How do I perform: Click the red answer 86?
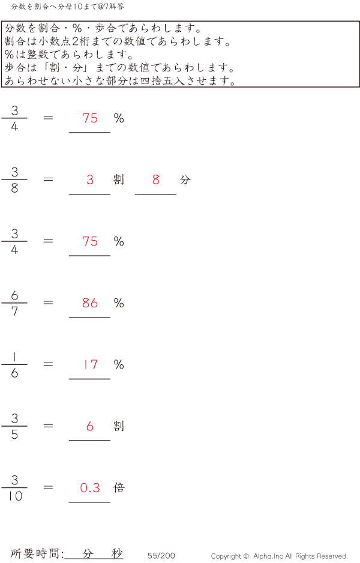(90, 303)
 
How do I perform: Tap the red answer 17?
(90, 364)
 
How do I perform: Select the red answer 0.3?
(90, 488)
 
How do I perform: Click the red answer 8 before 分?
(156, 179)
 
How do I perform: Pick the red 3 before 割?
(90, 179)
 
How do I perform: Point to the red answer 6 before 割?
(90, 426)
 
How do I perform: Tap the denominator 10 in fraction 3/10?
(14, 496)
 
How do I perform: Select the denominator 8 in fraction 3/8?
(14, 188)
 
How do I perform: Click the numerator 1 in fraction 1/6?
(14, 357)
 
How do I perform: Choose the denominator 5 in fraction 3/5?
(14, 435)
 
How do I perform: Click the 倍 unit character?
(119, 487)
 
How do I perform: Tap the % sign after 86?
(119, 303)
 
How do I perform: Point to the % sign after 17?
(119, 364)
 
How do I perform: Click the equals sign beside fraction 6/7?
(49, 303)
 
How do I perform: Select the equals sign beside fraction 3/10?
(49, 487)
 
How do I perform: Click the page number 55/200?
(161, 556)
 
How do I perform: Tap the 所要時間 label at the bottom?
(37, 554)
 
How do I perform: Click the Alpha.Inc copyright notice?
(279, 556)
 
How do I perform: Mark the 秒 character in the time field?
(116, 553)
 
